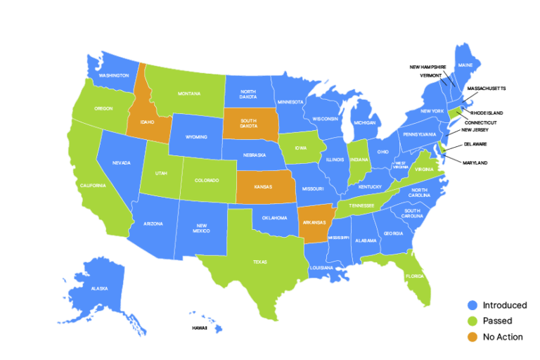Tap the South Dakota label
pos(249,123)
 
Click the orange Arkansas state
pos(314,222)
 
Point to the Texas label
pos(260,262)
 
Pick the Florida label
pos(414,276)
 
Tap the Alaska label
pos(99,288)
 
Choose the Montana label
pos(189,94)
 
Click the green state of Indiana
pos(359,160)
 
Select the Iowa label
pos(301,148)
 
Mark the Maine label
pos(465,65)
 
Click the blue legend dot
pos(472,305)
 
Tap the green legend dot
pos(472,321)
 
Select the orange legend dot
pos(472,337)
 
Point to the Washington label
pos(114,75)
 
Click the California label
pos(93,185)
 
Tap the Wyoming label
pos(196,137)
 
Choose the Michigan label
pos(365,122)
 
